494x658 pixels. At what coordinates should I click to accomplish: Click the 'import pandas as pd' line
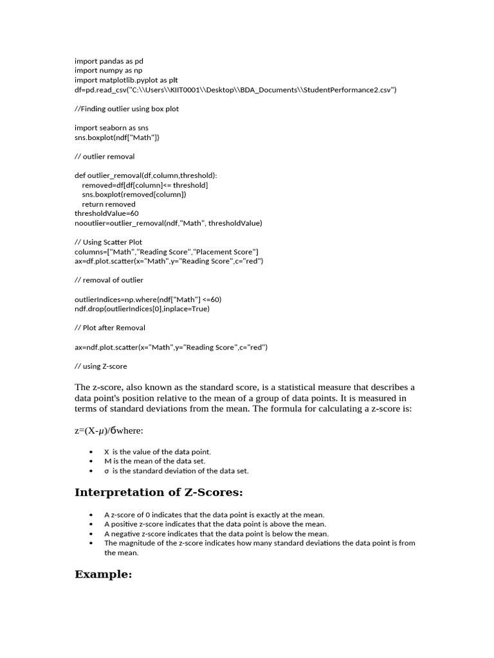pyautogui.click(x=109, y=61)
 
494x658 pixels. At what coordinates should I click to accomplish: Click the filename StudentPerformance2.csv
pyautogui.click(x=347, y=90)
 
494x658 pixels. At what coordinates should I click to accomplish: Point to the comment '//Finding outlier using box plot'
pyautogui.click(x=127, y=109)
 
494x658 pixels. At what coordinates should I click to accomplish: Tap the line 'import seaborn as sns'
pyautogui.click(x=111, y=128)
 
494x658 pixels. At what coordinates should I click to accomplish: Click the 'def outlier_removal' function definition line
pyautogui.click(x=146, y=175)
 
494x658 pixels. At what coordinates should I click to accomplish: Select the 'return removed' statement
pyautogui.click(x=109, y=204)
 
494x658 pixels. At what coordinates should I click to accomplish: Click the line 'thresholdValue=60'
pyautogui.click(x=107, y=213)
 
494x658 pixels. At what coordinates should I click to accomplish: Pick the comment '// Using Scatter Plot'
pyautogui.click(x=109, y=242)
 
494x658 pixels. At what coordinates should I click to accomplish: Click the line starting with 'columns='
pyautogui.click(x=167, y=251)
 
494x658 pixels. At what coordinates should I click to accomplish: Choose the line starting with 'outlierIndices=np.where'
pyautogui.click(x=148, y=299)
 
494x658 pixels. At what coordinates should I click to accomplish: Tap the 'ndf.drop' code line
pyautogui.click(x=142, y=308)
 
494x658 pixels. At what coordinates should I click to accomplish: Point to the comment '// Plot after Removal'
pyautogui.click(x=110, y=328)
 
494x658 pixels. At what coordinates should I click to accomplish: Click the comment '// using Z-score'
pyautogui.click(x=101, y=366)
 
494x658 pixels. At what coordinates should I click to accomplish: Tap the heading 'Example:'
pyautogui.click(x=103, y=574)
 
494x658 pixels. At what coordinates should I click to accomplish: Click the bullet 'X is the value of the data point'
pyautogui.click(x=158, y=452)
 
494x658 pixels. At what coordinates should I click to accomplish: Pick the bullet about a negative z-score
pyautogui.click(x=216, y=533)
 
